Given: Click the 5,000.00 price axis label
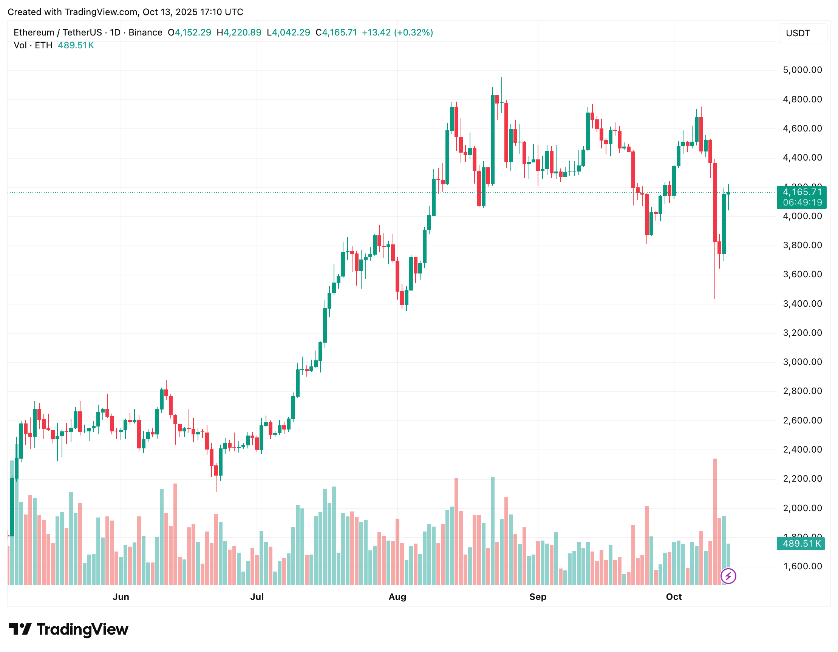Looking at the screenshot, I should click(802, 70).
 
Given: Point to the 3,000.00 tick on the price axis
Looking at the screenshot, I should click(802, 362).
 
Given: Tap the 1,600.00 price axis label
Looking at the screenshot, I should click(802, 567).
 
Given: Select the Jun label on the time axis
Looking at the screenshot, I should click(121, 597).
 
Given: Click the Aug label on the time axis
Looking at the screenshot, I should click(397, 597).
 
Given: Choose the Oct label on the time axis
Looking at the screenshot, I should click(674, 597).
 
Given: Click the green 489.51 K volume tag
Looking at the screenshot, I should click(801, 544).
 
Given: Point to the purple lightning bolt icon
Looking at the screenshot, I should click(728, 576).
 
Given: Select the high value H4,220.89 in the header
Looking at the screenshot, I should click(239, 32).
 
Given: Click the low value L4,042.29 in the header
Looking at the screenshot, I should click(288, 32).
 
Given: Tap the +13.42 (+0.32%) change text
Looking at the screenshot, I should click(397, 32).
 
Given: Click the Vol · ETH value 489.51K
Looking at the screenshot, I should click(76, 46).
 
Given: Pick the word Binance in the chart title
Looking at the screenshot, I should click(145, 32).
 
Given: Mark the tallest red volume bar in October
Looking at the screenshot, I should click(715, 522).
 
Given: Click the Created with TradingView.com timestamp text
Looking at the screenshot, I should click(125, 12).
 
